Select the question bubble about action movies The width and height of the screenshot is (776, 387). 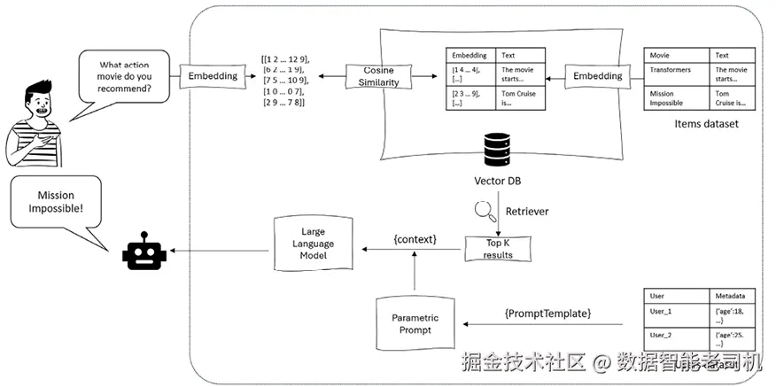pyautogui.click(x=123, y=79)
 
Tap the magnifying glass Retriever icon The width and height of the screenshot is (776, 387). pyautogui.click(x=483, y=212)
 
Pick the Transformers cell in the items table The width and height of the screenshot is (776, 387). pyautogui.click(x=670, y=70)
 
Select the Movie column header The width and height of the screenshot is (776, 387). pyautogui.click(x=660, y=55)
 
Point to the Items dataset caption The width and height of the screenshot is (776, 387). pyautogui.click(x=705, y=124)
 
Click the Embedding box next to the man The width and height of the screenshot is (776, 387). pyautogui.click(x=213, y=77)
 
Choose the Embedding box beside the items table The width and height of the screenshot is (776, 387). pyautogui.click(x=597, y=77)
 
